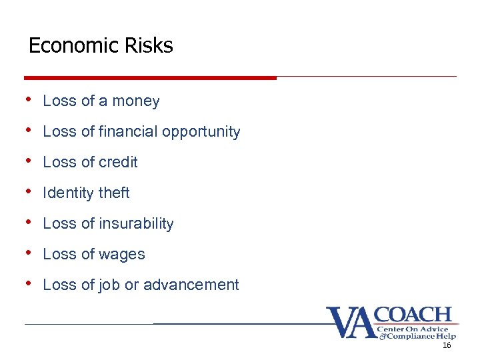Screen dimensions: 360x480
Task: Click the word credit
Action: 117,162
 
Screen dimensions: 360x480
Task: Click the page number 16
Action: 447,346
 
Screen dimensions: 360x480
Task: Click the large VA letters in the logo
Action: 351,323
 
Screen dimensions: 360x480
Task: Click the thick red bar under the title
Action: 150,77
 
